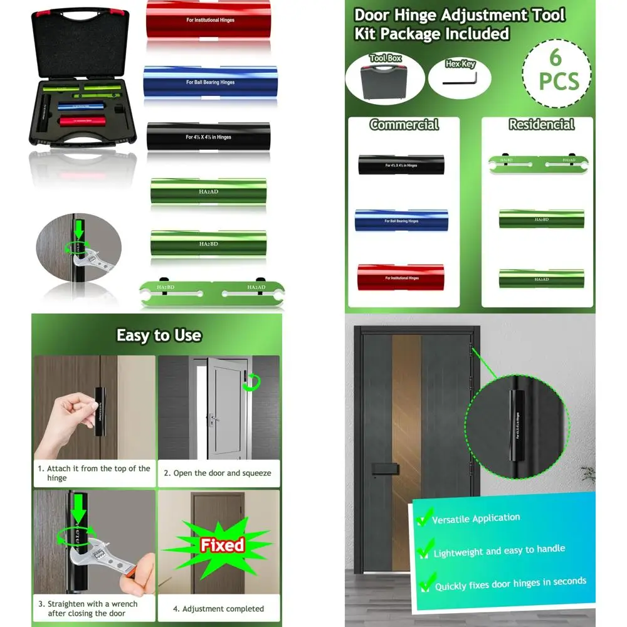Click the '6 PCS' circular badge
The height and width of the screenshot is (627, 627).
tap(556, 70)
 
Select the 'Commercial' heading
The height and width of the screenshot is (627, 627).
tap(404, 125)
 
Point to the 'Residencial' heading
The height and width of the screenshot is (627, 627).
tap(541, 125)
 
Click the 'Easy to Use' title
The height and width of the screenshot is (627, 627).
tap(159, 335)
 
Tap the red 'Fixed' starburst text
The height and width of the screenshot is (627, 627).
tap(221, 545)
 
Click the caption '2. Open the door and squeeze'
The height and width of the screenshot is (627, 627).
tap(218, 473)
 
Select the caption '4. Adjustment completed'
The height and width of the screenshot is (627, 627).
tap(218, 609)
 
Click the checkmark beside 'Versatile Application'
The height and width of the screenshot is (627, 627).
tap(424, 519)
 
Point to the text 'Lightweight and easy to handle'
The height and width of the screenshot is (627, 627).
tap(499, 551)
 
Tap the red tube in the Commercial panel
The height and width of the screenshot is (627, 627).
tap(401, 274)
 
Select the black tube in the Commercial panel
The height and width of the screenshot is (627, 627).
tap(401, 165)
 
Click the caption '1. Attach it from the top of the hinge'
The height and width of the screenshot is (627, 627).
tap(94, 473)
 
